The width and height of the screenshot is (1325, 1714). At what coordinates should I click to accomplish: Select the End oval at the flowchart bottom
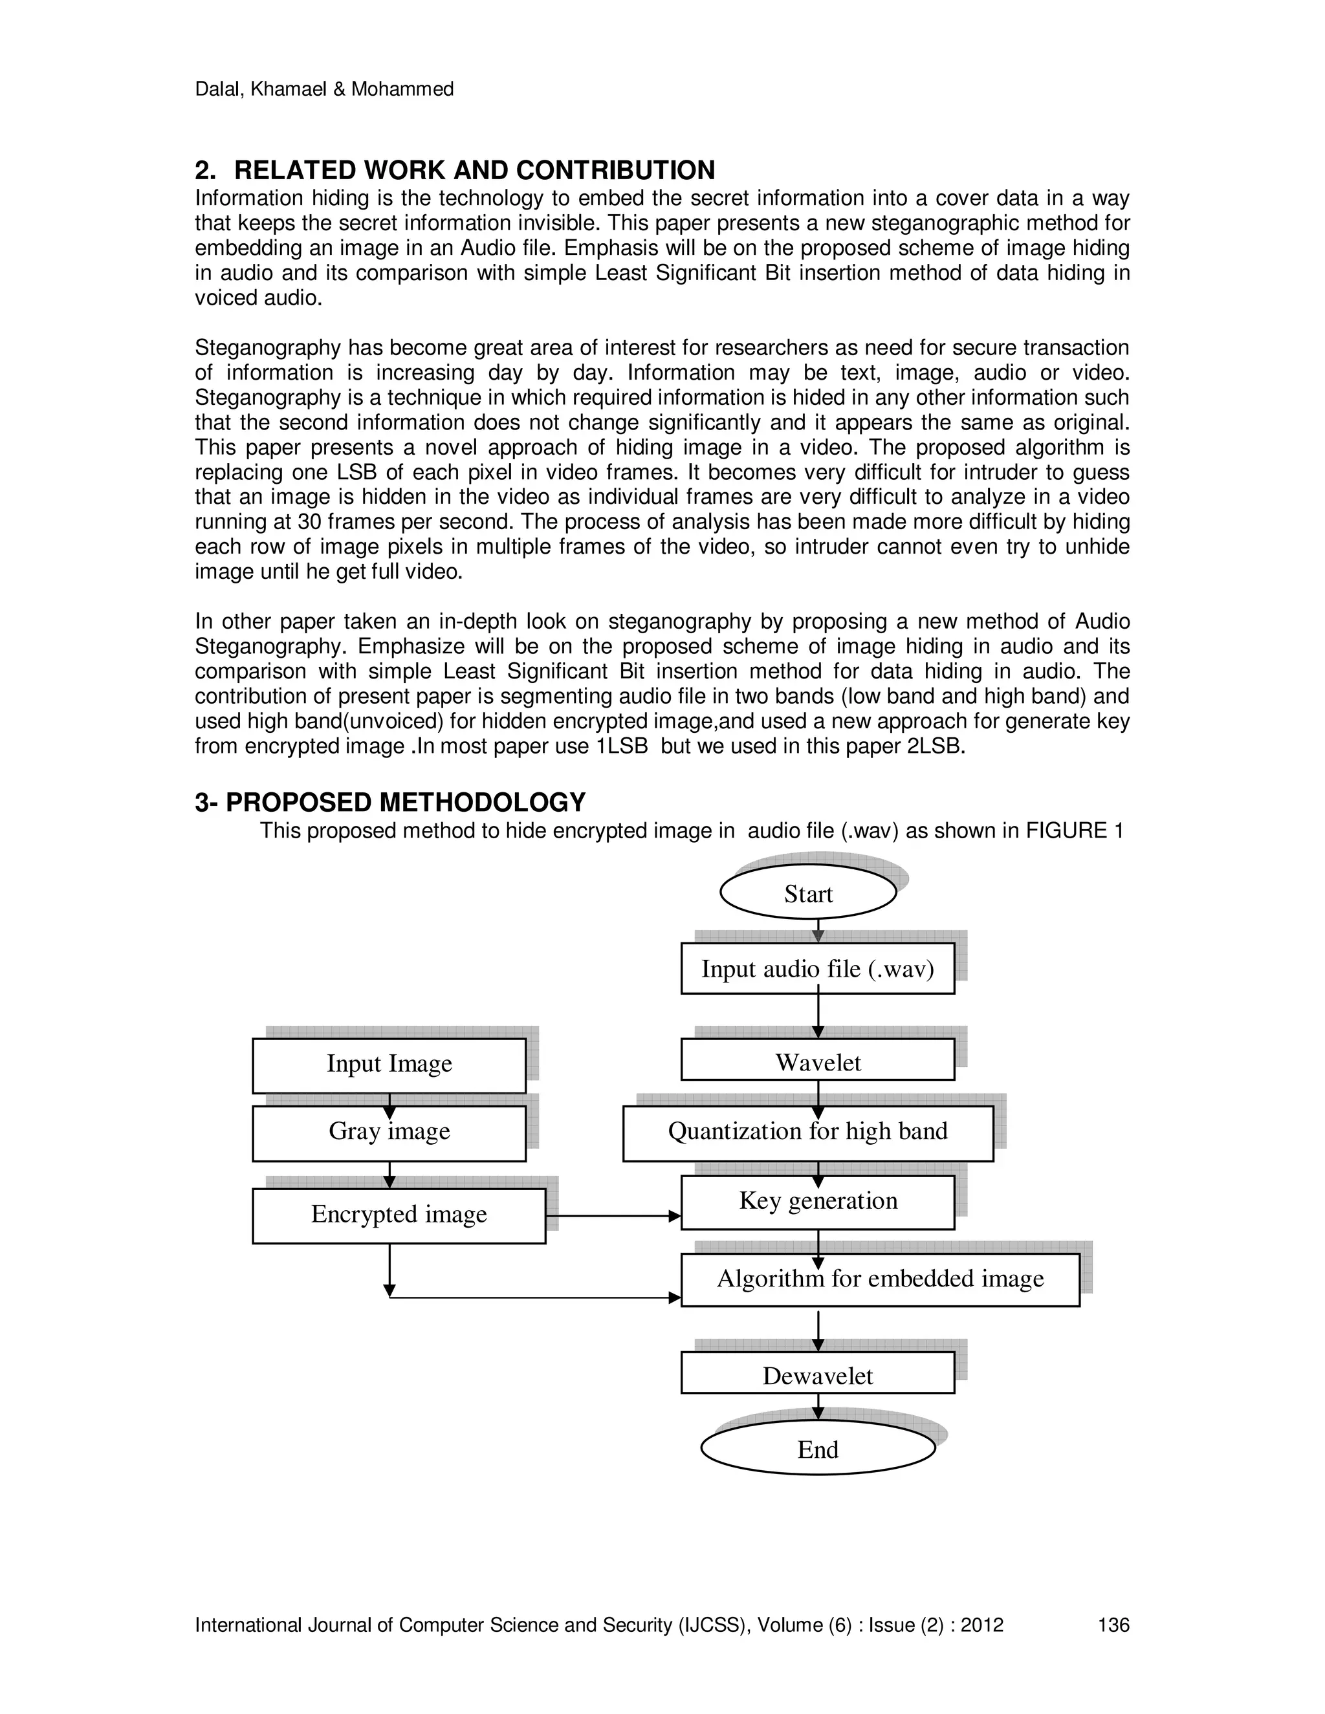click(x=817, y=1448)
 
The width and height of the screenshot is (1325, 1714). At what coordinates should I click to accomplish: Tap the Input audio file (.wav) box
click(x=817, y=968)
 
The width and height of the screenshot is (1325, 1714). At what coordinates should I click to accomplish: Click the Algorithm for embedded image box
click(x=879, y=1279)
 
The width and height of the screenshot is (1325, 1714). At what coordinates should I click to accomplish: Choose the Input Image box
click(x=389, y=1063)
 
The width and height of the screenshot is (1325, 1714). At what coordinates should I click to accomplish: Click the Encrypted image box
click(x=398, y=1214)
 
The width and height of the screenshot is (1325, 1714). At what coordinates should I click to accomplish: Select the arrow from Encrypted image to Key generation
click(x=612, y=1216)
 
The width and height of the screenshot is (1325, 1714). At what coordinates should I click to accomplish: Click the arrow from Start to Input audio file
click(x=818, y=931)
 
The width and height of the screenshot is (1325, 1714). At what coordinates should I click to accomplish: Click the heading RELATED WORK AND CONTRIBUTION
click(x=474, y=170)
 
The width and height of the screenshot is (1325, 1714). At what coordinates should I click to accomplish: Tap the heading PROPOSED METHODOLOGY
click(x=405, y=802)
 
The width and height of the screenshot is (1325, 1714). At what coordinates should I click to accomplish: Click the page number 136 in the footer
click(x=1113, y=1625)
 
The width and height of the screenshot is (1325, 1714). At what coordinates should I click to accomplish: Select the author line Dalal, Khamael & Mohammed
click(x=323, y=89)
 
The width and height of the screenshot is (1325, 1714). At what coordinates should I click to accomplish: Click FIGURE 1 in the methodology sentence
click(x=1075, y=830)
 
